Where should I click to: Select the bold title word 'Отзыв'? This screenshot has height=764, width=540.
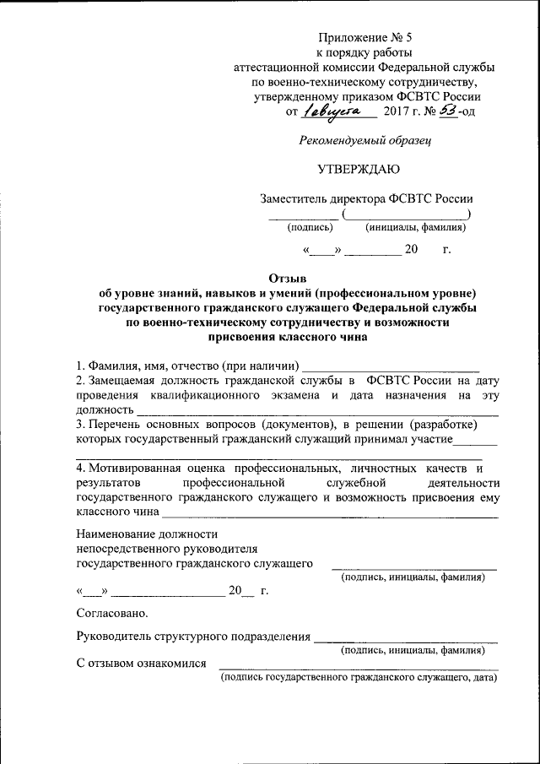(x=288, y=277)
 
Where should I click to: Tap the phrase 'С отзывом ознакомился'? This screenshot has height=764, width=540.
(x=141, y=664)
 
